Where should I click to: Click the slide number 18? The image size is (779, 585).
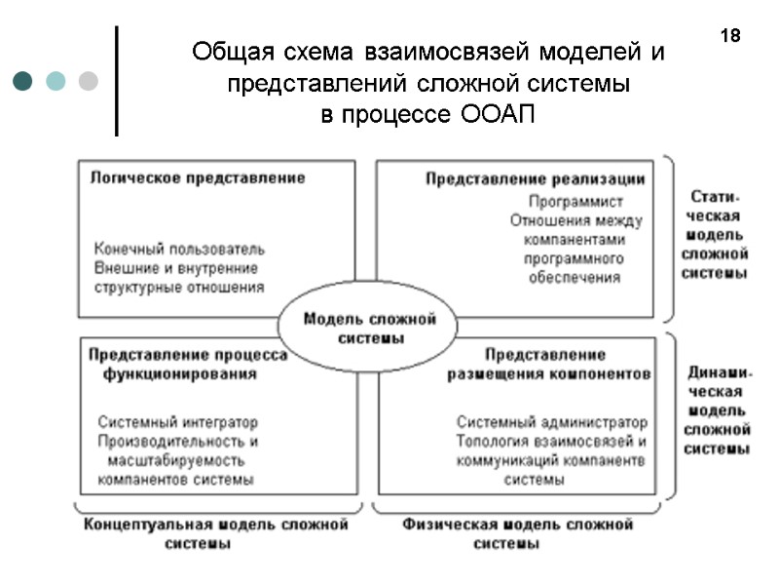point(730,37)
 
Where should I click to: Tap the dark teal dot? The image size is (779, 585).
point(23,80)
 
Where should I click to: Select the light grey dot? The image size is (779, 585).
point(88,80)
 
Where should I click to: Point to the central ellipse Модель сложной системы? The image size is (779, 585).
point(369,328)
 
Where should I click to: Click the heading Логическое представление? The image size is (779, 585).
point(198,178)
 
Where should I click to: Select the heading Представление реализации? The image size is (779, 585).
point(536,179)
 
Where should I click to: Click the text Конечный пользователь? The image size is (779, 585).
point(179,250)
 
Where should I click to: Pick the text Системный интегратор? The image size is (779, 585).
point(178,422)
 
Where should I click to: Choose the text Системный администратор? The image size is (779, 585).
point(551,422)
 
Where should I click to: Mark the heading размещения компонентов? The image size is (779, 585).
point(549,374)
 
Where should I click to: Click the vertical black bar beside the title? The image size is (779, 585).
point(117,80)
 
